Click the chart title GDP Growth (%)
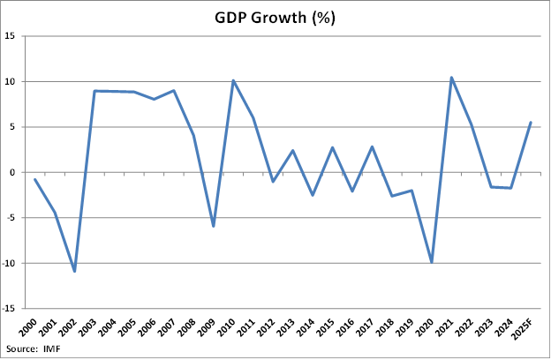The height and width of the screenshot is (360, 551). pos(275,18)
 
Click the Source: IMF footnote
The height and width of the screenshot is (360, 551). pos(34,351)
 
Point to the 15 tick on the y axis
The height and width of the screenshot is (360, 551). pos(15,36)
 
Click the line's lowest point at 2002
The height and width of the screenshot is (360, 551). pos(75,271)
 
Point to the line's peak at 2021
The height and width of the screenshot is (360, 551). pos(451,77)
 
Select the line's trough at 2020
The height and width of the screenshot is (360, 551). pos(431,262)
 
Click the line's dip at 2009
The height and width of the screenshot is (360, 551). pos(213,226)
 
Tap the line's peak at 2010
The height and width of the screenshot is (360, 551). pos(233,80)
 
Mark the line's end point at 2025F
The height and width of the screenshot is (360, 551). pos(530,122)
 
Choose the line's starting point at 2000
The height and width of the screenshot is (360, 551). pos(35,179)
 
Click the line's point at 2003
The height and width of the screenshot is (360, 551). pos(94,91)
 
